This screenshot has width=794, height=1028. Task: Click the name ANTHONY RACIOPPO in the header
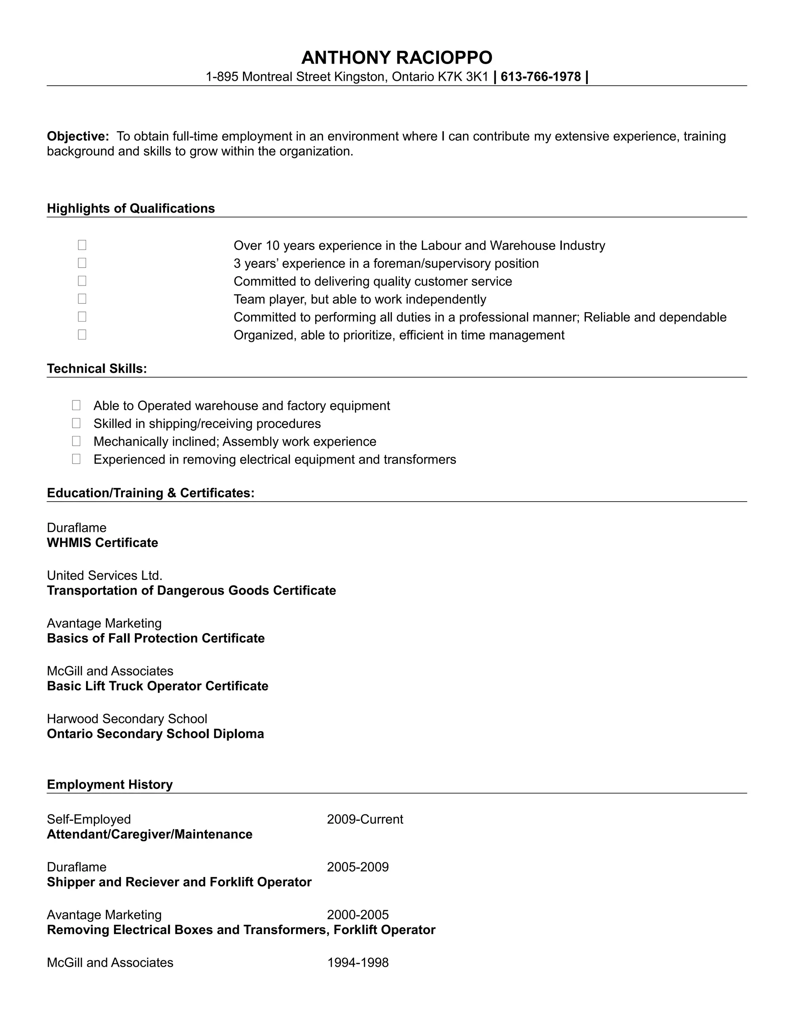coord(397,58)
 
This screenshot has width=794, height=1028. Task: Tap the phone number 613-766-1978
coord(540,77)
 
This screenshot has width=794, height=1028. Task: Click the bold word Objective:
coord(78,137)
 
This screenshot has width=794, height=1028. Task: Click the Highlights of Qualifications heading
coord(131,209)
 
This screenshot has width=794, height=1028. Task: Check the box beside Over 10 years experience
coord(82,245)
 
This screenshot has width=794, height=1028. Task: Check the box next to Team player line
coord(82,298)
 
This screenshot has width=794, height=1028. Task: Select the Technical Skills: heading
coord(97,369)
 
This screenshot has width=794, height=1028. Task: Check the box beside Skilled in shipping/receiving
coord(76,423)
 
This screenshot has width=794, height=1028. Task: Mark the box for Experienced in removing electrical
coord(76,459)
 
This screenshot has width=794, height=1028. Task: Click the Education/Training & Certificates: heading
coord(150,493)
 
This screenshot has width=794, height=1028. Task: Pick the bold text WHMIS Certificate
coord(102,543)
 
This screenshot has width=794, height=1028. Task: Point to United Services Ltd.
coord(104,575)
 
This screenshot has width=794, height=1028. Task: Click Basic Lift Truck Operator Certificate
coord(157,686)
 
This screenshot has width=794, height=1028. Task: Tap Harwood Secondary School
coord(127,719)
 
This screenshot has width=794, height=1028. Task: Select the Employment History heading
coord(110,784)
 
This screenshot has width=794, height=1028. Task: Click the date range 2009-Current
coord(365,819)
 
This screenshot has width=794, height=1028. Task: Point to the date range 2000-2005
coord(358,915)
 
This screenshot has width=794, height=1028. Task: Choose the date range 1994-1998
coord(358,962)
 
